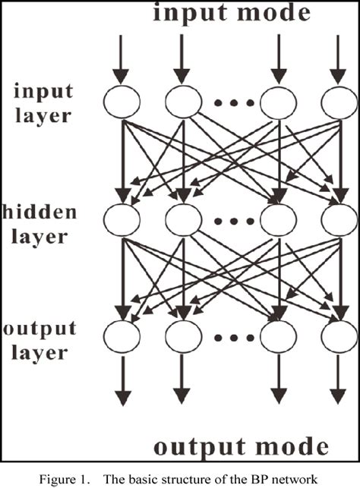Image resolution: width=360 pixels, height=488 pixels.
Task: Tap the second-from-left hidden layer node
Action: click(x=182, y=219)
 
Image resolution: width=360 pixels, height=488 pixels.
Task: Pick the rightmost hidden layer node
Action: click(x=339, y=219)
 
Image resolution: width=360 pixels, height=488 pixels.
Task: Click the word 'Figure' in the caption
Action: click(x=96, y=475)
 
